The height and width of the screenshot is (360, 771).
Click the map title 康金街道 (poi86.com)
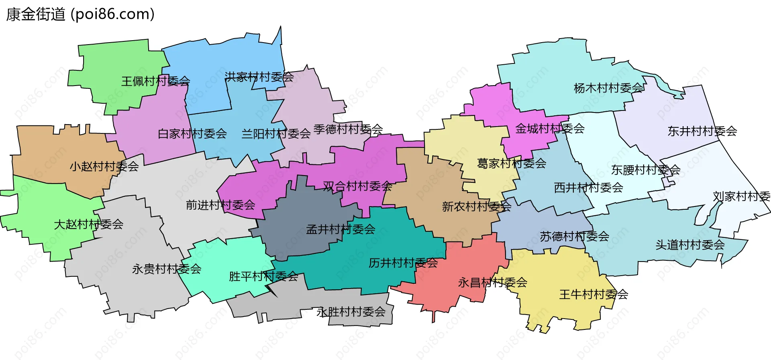pos(80,14)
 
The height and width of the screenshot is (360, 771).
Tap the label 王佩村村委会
pos(156,81)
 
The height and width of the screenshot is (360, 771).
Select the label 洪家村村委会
pos(259,77)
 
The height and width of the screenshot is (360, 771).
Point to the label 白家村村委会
pos(192,134)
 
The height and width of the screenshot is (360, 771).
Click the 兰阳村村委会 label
pos(276,134)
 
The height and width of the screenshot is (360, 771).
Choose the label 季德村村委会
pos(348,129)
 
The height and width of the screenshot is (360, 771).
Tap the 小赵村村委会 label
pos(104,166)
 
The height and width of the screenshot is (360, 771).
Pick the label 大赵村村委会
pos(89,224)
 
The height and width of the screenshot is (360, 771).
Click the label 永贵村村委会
pos(167,269)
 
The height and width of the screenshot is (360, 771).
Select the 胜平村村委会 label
pos(263,276)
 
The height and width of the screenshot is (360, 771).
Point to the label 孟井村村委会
pos(341,229)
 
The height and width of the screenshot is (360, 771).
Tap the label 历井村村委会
pos(403,263)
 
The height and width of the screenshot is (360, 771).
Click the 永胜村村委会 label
pos(351,312)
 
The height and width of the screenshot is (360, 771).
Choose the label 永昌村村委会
pos(493,282)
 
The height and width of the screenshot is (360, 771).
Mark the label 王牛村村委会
pos(594,295)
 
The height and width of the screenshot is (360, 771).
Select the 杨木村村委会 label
pos(609,88)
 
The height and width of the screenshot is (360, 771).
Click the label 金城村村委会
pos(550,129)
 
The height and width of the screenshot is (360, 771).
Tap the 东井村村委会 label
pos(702,131)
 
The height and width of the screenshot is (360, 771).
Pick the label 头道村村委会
pos(690,245)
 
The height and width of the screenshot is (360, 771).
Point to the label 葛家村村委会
pos(512,163)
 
